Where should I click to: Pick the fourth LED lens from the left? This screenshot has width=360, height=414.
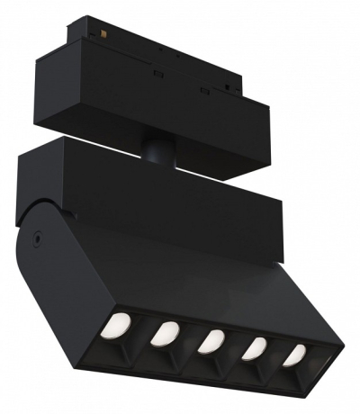(256, 348)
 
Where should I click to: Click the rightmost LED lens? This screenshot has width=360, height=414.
(294, 355)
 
